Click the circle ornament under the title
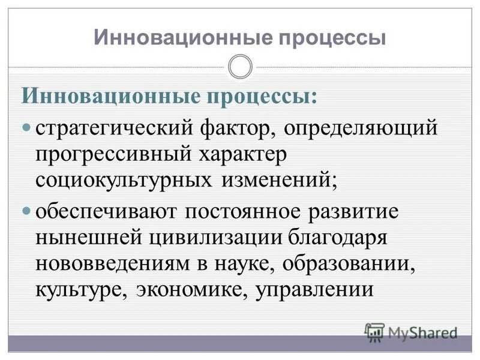pos(240,67)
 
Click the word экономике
pos(191,290)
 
